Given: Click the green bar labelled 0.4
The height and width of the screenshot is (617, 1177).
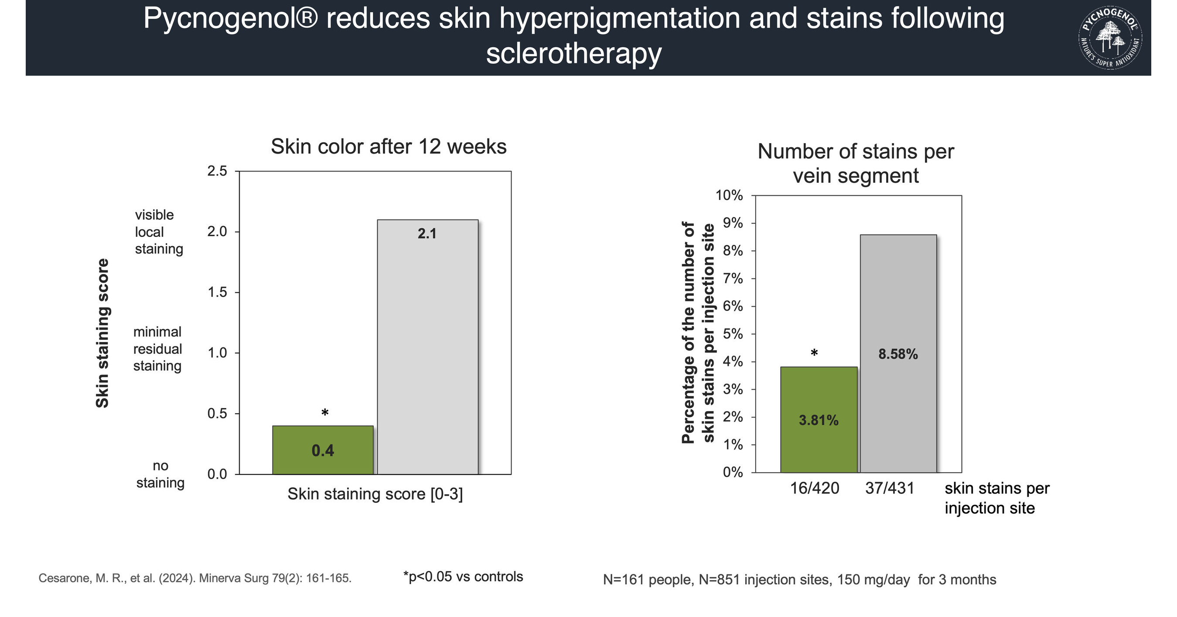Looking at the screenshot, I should (323, 450).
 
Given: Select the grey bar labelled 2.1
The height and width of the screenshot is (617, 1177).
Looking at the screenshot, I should (428, 347).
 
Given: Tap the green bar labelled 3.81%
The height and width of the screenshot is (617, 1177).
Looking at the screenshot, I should (819, 420).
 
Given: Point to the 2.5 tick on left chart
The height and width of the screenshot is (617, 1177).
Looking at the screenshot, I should (217, 171).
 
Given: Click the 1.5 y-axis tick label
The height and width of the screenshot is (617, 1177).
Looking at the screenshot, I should (217, 292).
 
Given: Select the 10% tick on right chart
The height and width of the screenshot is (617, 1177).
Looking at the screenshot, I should (729, 195).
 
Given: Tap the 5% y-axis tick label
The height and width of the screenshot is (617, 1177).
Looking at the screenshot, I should (733, 334).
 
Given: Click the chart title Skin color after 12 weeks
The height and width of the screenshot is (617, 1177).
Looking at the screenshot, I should (389, 147).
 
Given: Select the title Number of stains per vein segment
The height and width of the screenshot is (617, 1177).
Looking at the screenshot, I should (855, 164).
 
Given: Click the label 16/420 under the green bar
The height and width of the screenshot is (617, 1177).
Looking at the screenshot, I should (815, 488).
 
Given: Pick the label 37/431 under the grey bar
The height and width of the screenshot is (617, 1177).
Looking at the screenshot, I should (890, 488).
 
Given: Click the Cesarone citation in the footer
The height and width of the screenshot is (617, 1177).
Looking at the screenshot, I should (195, 578).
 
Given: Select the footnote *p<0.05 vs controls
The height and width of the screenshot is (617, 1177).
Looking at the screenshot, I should (463, 577).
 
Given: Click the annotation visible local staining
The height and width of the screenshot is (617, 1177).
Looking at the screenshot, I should (159, 232).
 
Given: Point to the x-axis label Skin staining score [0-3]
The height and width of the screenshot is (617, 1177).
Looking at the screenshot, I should (375, 494).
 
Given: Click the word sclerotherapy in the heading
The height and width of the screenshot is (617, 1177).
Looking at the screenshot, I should (574, 54).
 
